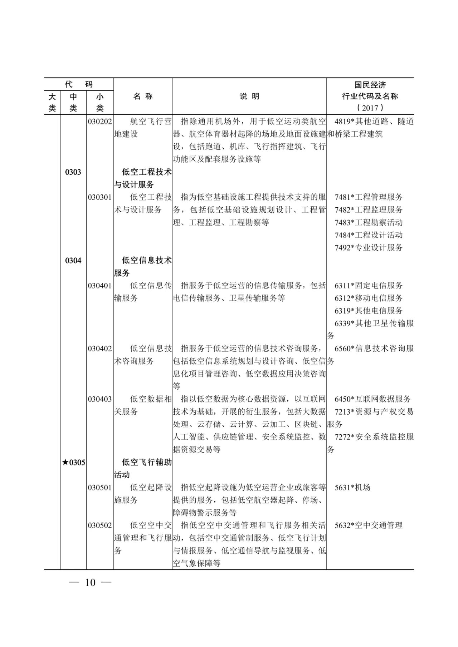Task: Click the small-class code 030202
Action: point(100,122)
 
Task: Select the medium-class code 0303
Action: point(73,172)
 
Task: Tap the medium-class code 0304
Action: point(73,261)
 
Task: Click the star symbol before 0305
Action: point(65,463)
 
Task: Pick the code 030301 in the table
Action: point(100,197)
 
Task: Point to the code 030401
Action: point(100,286)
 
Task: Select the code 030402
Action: point(100,349)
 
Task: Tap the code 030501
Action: point(100,488)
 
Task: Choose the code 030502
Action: point(100,525)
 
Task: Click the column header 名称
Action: point(143,97)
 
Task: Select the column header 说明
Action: point(249,97)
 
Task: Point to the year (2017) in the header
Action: point(370,108)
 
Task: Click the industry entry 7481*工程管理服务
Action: point(369,197)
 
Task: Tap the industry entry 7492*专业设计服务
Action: point(369,248)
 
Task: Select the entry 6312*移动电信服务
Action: point(369,298)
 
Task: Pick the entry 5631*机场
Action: point(352,488)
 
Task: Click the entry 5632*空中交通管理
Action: point(369,525)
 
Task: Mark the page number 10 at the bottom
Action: point(91,583)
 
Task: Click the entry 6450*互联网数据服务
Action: point(372,399)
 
